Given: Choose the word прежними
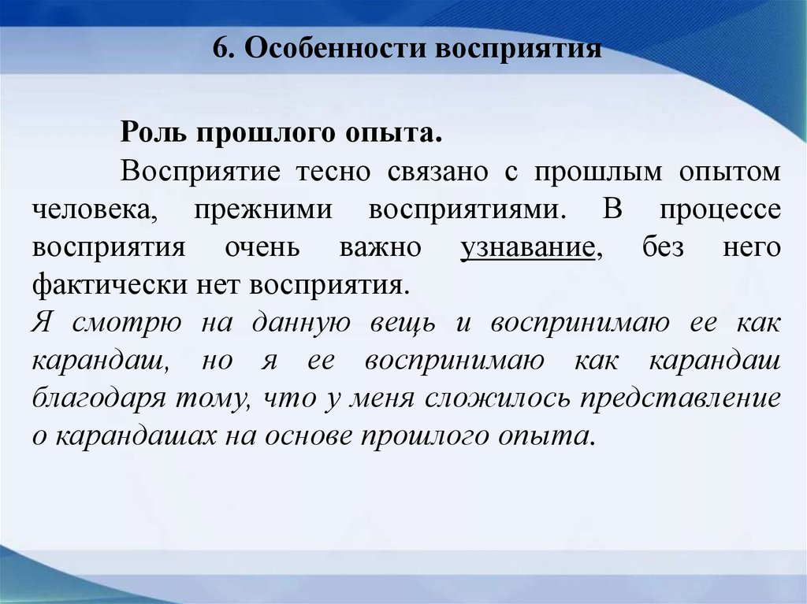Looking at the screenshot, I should pos(266,210).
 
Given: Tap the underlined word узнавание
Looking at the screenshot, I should pos(527,248).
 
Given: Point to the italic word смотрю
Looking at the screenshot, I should pos(121,323).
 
